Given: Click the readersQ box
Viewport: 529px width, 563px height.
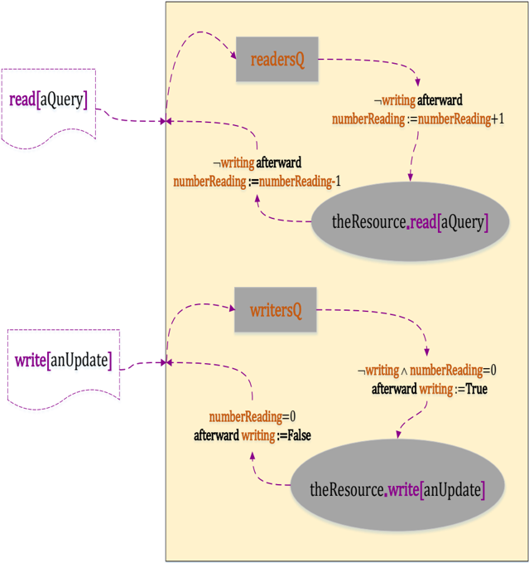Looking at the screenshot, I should pyautogui.click(x=277, y=59).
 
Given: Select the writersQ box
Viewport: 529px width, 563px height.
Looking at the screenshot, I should pyautogui.click(x=276, y=310).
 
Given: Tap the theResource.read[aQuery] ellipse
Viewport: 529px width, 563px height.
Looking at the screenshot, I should pyautogui.click(x=409, y=221).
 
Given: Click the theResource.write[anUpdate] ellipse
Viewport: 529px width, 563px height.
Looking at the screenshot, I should pyautogui.click(x=397, y=489).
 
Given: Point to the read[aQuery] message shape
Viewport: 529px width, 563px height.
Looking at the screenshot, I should pyautogui.click(x=48, y=104).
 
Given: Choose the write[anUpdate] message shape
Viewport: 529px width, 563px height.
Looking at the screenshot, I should pyautogui.click(x=63, y=366).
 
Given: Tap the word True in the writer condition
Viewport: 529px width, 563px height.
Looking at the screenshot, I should pyautogui.click(x=476, y=388).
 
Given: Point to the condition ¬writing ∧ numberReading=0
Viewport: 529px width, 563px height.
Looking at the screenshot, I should pyautogui.click(x=426, y=371).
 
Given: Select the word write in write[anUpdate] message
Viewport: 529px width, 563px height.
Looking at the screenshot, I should pyautogui.click(x=31, y=362).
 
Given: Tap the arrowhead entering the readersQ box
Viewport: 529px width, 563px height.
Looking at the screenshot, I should pyautogui.click(x=233, y=58).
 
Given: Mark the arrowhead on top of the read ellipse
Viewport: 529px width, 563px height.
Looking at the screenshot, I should pyautogui.click(x=410, y=178).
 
